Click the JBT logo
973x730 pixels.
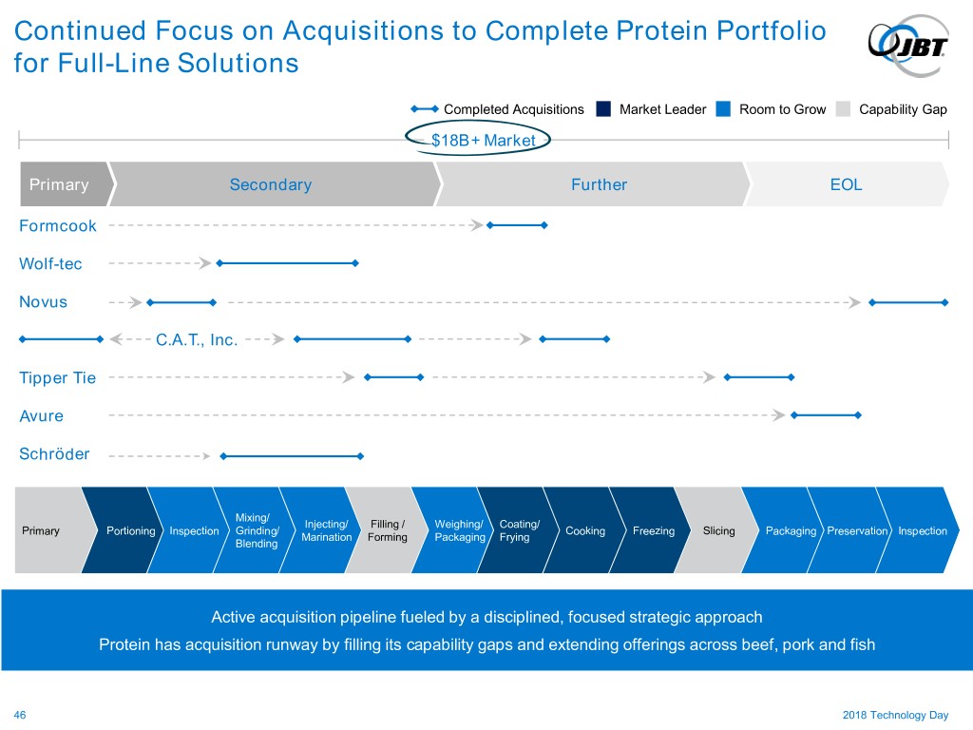pos(907,42)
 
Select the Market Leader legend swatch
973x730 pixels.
pos(603,108)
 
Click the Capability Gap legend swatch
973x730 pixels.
pos(843,108)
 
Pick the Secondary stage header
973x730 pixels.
pos(271,184)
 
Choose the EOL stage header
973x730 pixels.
pos(846,184)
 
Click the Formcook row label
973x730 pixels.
pos(58,226)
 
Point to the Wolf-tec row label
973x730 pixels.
pos(50,264)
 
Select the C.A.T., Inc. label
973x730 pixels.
pos(197,339)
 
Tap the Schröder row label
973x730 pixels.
pos(54,454)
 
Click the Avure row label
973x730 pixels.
pos(41,416)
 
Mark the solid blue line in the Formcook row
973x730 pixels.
pos(517,225)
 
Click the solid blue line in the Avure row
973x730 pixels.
pos(826,415)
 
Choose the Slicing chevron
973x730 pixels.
pos(718,530)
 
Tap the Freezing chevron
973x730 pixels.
pos(653,530)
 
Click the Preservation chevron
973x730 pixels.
pos(857,530)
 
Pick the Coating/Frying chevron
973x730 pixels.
pos(519,530)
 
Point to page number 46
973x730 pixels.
pos(20,714)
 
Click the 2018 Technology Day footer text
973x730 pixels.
pos(895,714)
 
